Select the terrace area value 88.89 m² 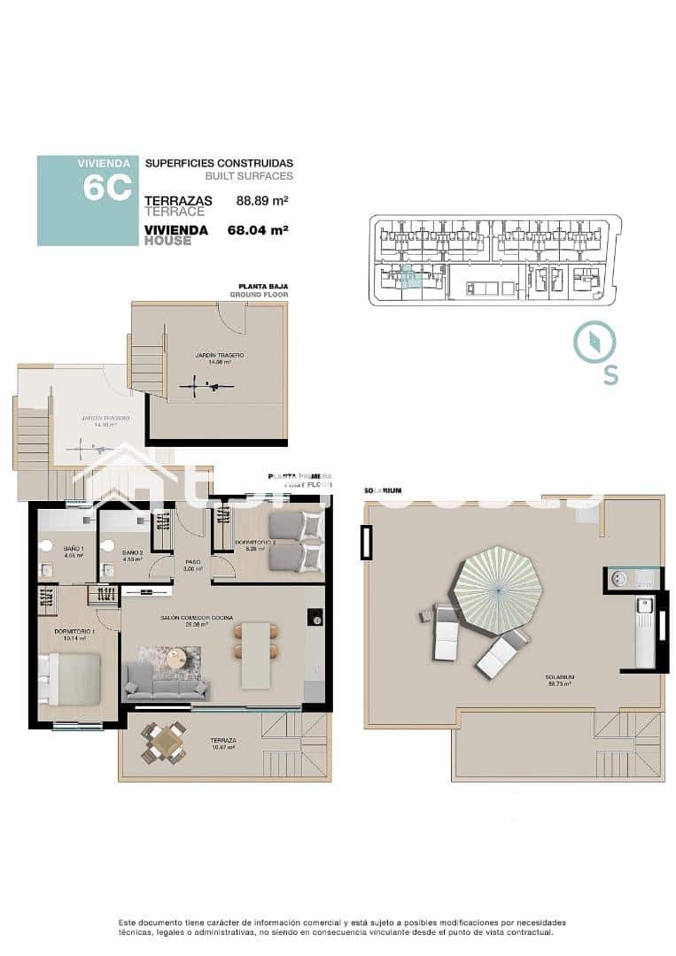(x=263, y=201)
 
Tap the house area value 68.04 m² (x=259, y=230)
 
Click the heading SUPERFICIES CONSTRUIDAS (x=218, y=164)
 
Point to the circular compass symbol (x=594, y=343)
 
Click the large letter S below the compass (x=610, y=375)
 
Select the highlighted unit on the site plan (x=406, y=278)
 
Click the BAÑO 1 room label (x=74, y=550)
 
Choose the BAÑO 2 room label (x=134, y=552)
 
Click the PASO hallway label (x=192, y=562)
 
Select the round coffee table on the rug (x=177, y=657)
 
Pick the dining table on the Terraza (x=165, y=742)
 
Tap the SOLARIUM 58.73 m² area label (x=558, y=681)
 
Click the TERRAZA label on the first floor (x=222, y=742)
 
